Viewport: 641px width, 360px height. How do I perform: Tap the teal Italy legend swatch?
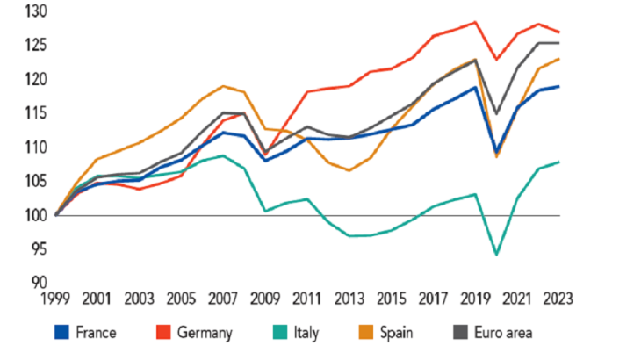click(x=283, y=333)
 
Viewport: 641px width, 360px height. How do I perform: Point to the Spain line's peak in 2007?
click(x=224, y=86)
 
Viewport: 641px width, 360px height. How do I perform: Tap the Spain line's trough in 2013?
click(x=349, y=170)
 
